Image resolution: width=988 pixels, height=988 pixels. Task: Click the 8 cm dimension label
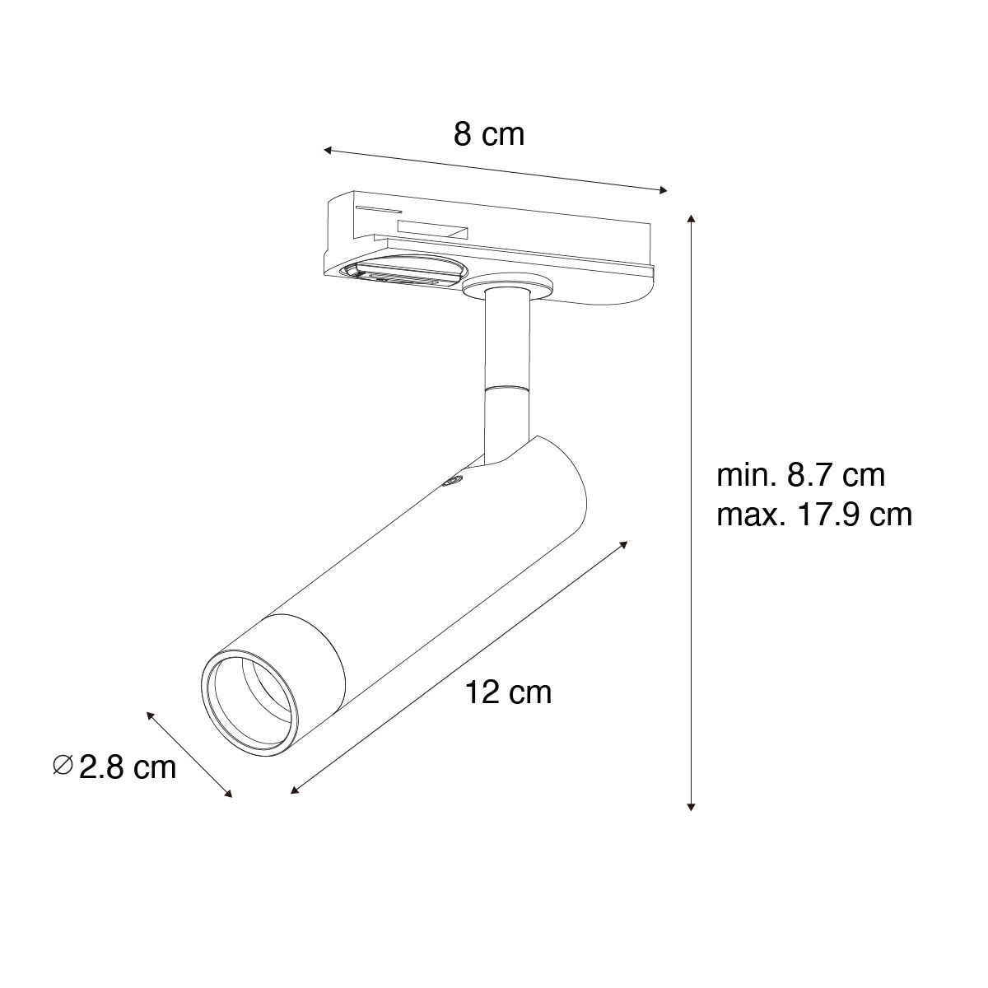coord(488,134)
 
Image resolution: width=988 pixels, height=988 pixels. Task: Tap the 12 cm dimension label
coord(508,692)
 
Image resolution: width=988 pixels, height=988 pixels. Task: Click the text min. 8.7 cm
coord(800,475)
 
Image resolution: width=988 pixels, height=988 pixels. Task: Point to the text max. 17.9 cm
coord(814,515)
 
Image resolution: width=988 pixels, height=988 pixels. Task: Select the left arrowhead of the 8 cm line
coord(329,150)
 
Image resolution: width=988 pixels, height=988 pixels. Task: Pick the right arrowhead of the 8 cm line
coord(663,190)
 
